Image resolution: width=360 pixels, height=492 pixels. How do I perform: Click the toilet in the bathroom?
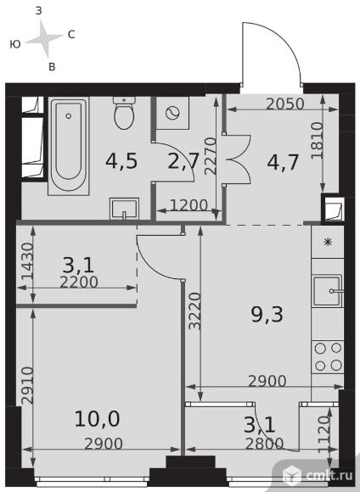125,113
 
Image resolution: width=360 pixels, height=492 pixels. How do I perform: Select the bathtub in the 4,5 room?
69,146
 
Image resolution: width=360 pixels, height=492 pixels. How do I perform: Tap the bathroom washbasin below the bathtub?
124,209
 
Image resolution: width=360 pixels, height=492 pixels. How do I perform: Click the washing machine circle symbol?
172,113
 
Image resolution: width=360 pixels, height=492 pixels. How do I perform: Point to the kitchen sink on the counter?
328,291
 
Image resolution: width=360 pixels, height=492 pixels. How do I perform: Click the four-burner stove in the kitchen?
328,357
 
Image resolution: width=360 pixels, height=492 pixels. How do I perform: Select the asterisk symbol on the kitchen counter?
328,242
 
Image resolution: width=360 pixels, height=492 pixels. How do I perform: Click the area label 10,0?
97,419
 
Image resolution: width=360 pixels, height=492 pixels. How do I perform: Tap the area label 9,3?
267,315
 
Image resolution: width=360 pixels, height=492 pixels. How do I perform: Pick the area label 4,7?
283,162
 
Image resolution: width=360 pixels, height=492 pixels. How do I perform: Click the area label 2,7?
183,162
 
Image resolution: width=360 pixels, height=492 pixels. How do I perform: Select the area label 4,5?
121,161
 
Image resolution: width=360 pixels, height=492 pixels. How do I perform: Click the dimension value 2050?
285,103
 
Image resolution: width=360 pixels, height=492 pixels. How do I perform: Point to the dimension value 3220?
195,311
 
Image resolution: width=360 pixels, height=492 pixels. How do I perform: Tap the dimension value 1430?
27,261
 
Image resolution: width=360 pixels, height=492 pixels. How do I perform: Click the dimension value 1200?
188,205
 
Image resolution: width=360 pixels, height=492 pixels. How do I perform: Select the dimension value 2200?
79,282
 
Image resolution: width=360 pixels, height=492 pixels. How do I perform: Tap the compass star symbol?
44,38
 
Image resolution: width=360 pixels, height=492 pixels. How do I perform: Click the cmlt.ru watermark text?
329,476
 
